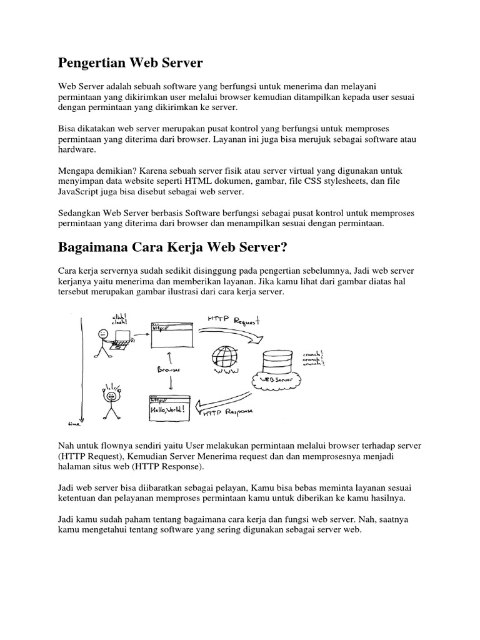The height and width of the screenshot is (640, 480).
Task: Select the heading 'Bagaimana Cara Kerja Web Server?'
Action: click(172, 247)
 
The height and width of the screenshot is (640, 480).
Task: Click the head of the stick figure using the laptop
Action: click(102, 334)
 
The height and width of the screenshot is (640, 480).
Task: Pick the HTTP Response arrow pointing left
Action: click(225, 400)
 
